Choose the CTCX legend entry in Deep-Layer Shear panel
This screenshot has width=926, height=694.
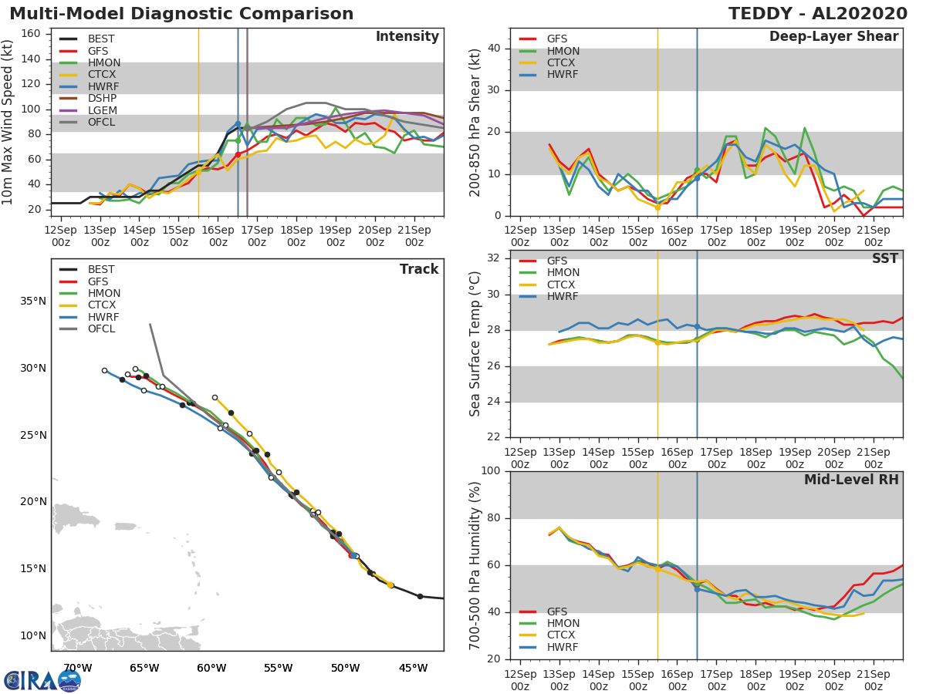tap(562, 63)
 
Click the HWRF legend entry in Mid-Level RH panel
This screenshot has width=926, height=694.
tap(562, 648)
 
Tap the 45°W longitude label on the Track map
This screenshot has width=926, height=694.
tap(414, 668)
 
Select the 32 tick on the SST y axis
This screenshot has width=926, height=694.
tap(493, 258)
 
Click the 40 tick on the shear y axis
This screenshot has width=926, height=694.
tap(493, 49)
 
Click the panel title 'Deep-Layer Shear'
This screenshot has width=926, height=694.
tap(833, 37)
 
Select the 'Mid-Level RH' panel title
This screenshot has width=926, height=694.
tap(851, 480)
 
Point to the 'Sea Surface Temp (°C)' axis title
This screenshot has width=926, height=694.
tap(475, 344)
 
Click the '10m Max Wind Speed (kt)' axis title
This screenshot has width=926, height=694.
tap(8, 122)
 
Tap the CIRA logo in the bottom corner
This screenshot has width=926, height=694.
tap(42, 680)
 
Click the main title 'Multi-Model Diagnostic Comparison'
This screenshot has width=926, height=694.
tap(181, 14)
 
